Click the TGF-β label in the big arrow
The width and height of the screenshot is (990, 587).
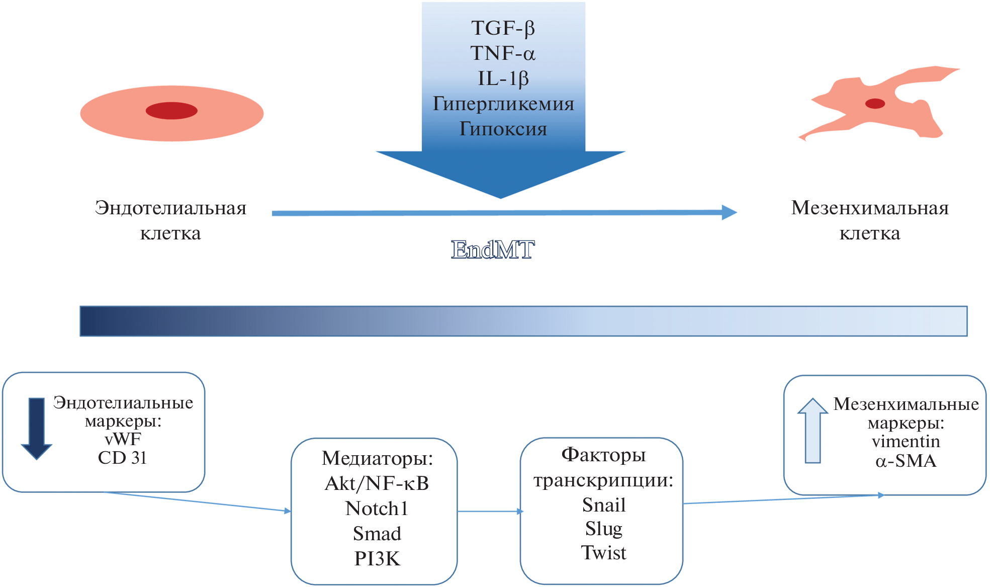503,28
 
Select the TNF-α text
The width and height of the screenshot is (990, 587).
503,53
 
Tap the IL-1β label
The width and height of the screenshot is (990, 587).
503,78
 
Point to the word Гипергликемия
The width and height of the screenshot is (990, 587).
503,104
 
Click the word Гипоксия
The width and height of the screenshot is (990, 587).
503,129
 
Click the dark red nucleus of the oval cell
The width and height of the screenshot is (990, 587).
171,111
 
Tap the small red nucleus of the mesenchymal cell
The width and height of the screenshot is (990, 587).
875,104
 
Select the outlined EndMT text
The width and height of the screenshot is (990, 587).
493,249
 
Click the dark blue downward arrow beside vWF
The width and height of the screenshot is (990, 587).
37,428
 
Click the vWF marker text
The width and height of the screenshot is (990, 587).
123,439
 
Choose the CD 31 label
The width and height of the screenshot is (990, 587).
122,458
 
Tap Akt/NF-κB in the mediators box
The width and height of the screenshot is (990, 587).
377,483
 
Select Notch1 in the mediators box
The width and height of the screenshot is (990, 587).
377,509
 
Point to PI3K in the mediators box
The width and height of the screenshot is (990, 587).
377,559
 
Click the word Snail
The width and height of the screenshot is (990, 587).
604,505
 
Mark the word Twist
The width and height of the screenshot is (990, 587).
604,553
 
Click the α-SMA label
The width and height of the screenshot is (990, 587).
906,461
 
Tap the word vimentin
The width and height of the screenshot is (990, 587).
906,442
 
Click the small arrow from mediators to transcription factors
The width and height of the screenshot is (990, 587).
490,512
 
